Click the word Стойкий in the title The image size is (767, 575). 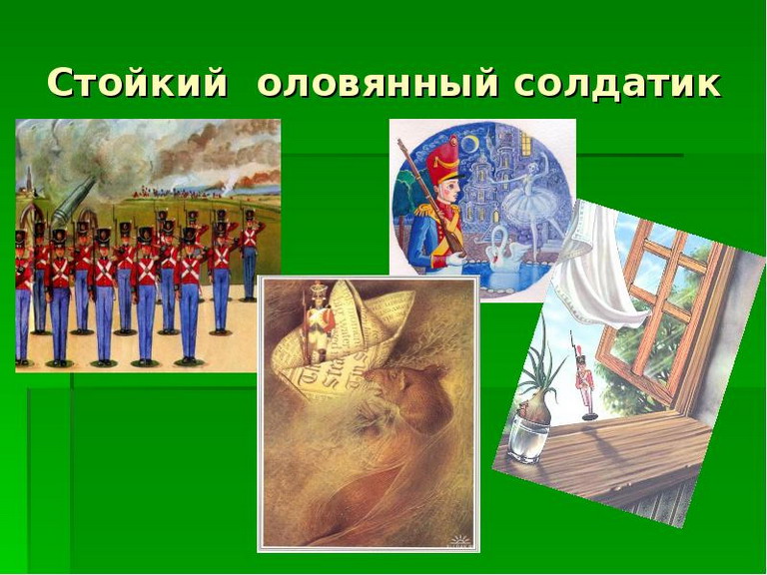click(138, 84)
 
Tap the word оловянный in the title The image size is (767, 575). click(378, 84)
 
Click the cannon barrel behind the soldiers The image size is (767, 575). click(72, 202)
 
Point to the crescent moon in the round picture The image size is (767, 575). click(471, 143)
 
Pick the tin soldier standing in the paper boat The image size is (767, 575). click(318, 321)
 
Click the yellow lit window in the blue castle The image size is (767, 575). click(525, 143)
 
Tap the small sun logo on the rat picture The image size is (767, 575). click(460, 540)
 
